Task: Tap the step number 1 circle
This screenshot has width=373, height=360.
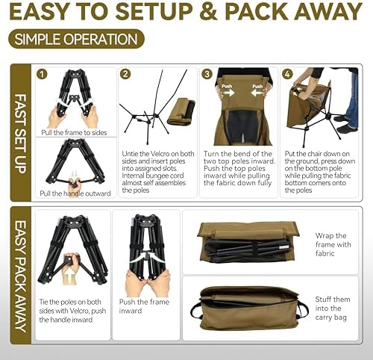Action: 43,74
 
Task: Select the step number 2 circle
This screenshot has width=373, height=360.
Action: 125,74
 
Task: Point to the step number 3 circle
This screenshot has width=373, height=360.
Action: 207,74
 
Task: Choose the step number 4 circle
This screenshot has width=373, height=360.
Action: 288,74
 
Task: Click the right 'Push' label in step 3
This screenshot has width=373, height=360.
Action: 257,86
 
